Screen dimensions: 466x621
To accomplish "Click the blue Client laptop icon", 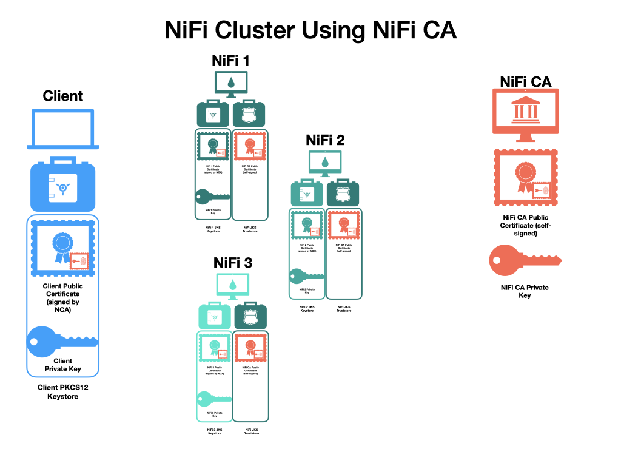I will [x=63, y=129].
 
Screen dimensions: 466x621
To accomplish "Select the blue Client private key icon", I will [x=62, y=340].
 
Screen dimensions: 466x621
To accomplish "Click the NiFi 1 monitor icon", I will [x=230, y=84].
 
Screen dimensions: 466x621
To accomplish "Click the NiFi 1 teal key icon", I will [x=212, y=196].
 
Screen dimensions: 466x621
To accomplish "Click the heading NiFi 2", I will [x=325, y=140].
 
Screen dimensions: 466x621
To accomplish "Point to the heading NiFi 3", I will [x=233, y=263].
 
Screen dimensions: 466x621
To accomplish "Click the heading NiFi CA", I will [x=525, y=82].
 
